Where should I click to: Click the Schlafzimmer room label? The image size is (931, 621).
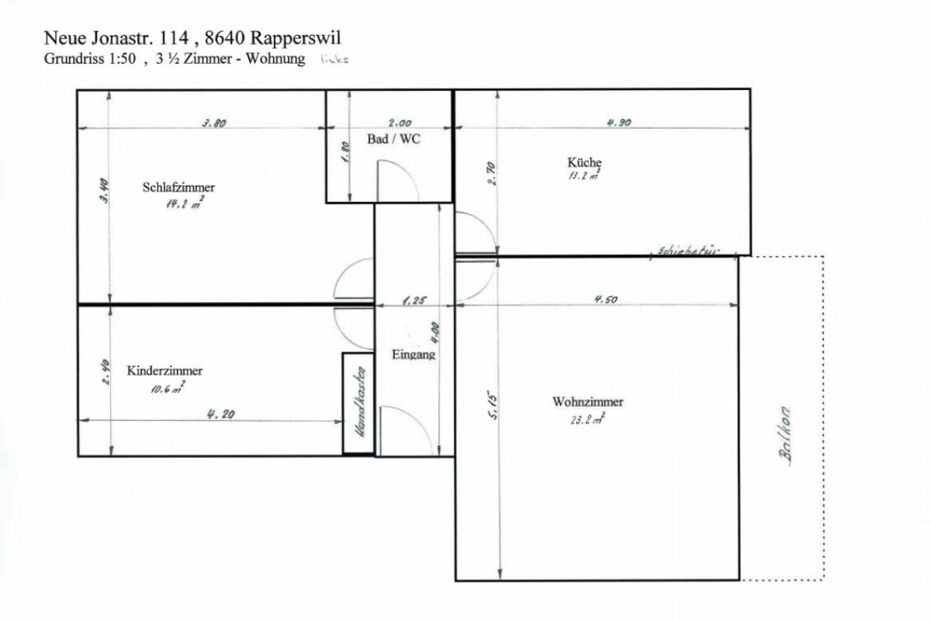pyautogui.click(x=178, y=187)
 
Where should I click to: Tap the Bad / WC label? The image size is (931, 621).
pyautogui.click(x=393, y=138)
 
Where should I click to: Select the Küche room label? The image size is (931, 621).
pyautogui.click(x=584, y=162)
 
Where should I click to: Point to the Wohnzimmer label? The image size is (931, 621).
pyautogui.click(x=587, y=402)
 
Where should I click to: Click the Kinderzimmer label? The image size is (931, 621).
pyautogui.click(x=164, y=371)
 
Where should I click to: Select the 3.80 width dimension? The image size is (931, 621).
pyautogui.click(x=213, y=123)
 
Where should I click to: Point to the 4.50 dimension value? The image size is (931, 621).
pyautogui.click(x=605, y=300)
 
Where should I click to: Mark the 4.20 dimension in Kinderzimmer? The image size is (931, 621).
pyautogui.click(x=220, y=415)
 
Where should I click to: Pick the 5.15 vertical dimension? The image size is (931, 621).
pyautogui.click(x=492, y=405)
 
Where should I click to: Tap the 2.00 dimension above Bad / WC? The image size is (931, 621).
pyautogui.click(x=400, y=123)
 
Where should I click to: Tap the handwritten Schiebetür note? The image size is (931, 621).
pyautogui.click(x=687, y=250)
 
